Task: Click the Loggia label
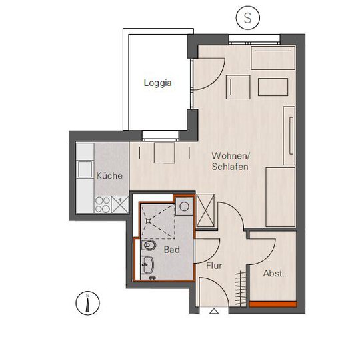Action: [157, 83]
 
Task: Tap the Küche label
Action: [109, 175]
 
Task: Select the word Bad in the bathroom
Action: [172, 250]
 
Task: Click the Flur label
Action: [214, 266]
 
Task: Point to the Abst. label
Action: [274, 274]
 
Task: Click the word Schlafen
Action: [230, 167]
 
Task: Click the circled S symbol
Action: [248, 18]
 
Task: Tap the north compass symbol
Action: [87, 303]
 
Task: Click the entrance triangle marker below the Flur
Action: [214, 311]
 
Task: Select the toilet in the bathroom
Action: [149, 245]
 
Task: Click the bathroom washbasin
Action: [147, 265]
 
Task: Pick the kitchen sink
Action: [85, 169]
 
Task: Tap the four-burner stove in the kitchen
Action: [103, 204]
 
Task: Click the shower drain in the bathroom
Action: [149, 221]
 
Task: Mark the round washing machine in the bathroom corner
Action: [184, 206]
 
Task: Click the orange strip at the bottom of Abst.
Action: [273, 304]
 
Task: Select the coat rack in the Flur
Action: [241, 288]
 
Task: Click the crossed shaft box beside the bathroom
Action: [205, 210]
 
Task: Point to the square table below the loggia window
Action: [164, 153]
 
